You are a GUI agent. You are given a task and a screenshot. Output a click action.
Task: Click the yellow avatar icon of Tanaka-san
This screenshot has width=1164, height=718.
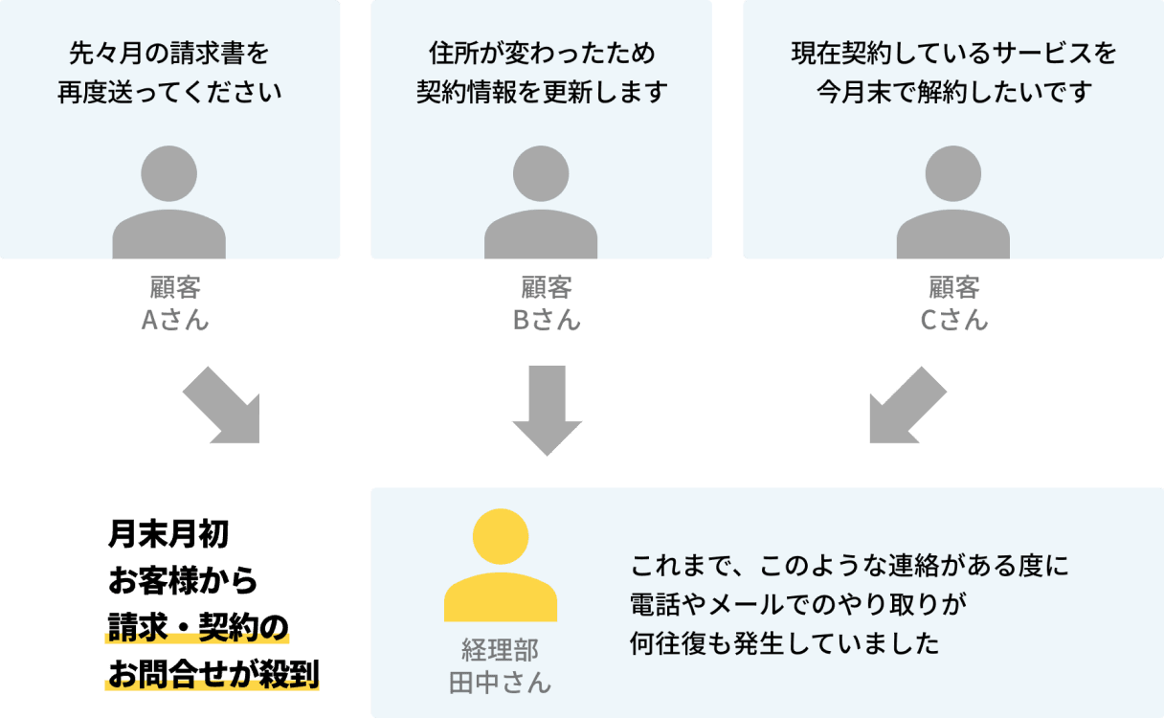(x=501, y=566)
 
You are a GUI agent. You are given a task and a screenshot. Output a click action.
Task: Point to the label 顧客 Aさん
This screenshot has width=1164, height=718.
(x=175, y=303)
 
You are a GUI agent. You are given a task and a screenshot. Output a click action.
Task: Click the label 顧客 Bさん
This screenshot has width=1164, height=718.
(x=547, y=303)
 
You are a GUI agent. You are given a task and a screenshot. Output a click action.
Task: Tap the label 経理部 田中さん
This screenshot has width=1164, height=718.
(x=501, y=666)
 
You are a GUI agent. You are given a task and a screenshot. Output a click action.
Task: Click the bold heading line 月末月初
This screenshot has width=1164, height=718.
(x=168, y=534)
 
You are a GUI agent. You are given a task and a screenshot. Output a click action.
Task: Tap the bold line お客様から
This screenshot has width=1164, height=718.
(x=183, y=581)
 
